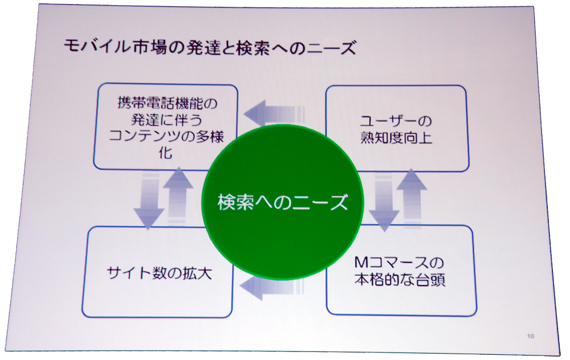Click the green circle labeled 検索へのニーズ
[x=283, y=202]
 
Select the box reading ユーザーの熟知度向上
[x=396, y=128]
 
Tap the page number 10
[x=531, y=336]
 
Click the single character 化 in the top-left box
[x=165, y=154]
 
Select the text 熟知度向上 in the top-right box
[x=396, y=138]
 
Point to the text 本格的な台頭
[x=399, y=281]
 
